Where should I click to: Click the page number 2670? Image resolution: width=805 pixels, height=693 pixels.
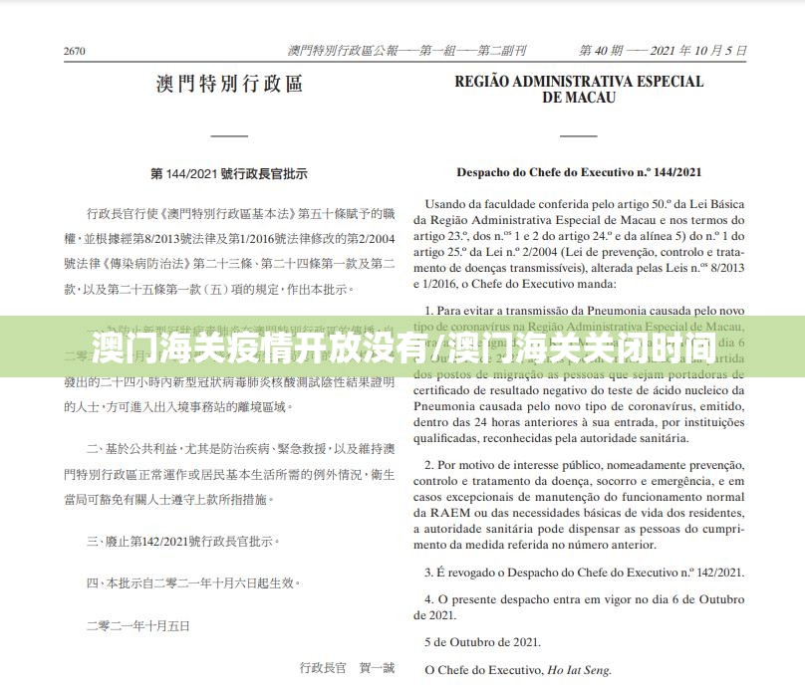[x=74, y=51]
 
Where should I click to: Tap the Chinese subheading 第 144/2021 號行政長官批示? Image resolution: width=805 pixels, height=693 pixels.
[x=229, y=173]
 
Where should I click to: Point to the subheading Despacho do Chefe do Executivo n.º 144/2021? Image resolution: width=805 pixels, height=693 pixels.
[x=579, y=172]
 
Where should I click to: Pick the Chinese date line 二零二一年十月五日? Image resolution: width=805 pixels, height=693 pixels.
[x=137, y=625]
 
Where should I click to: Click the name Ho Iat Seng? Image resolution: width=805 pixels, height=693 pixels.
[x=578, y=670]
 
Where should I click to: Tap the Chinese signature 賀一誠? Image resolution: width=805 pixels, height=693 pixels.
[x=377, y=667]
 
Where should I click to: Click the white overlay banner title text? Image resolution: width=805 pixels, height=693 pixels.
[x=402, y=347]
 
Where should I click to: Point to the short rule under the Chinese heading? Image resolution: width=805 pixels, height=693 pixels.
[x=229, y=134]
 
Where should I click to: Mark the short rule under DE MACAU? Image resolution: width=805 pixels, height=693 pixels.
[x=579, y=134]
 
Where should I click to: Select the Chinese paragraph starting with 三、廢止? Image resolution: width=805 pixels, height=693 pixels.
[x=183, y=541]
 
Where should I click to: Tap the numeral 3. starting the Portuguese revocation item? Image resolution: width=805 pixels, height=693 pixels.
[x=428, y=572]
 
